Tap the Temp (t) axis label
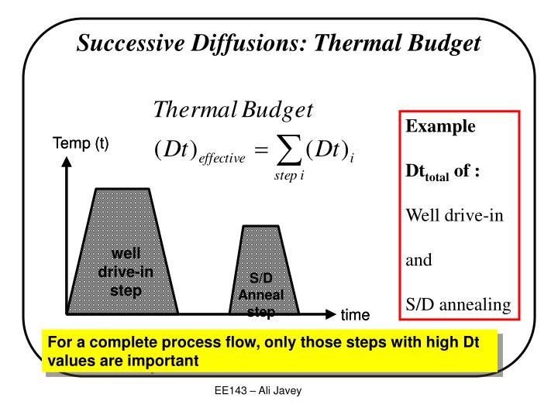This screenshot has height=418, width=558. (80, 143)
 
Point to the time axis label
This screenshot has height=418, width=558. (356, 315)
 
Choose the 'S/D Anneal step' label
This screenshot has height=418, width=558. (261, 295)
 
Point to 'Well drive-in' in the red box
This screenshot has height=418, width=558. (456, 213)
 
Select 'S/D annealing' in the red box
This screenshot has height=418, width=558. (459, 306)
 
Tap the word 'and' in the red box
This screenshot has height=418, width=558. (419, 260)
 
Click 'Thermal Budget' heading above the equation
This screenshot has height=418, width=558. (233, 110)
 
